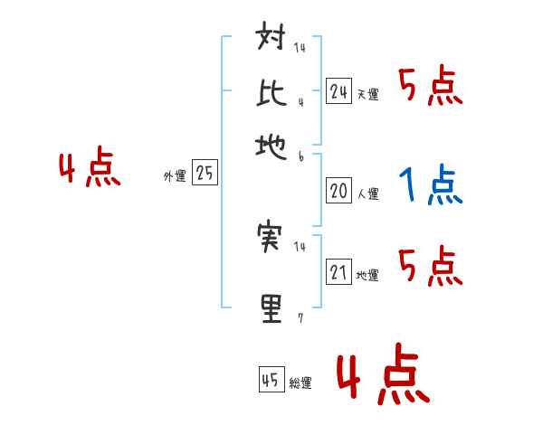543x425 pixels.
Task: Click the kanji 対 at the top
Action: coord(272,42)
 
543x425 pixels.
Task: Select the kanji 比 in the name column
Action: coord(272,93)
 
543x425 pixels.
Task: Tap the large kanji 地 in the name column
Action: coord(272,145)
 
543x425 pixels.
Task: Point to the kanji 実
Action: coord(272,237)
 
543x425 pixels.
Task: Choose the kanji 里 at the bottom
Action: coord(272,307)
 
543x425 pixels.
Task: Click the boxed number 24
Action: coord(338,90)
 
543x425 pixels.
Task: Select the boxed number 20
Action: coord(338,191)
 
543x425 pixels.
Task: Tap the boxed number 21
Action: coord(338,272)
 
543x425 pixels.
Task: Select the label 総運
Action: coord(301,383)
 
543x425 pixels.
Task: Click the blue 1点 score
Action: coord(430,185)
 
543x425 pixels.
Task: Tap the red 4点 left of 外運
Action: coord(90,169)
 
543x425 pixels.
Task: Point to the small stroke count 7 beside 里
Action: coord(300,318)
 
